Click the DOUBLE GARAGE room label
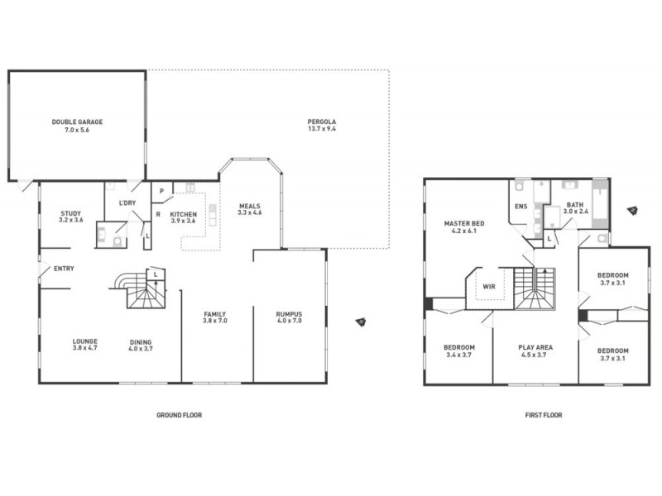click(x=77, y=122)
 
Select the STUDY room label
click(x=70, y=213)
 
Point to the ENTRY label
click(x=64, y=269)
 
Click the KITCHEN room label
click(x=183, y=214)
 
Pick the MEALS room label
click(x=250, y=206)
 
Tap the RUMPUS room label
click(x=290, y=313)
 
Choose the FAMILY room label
click(x=216, y=313)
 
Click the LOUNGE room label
click(x=85, y=341)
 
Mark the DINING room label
click(x=141, y=341)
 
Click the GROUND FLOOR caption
click(x=180, y=415)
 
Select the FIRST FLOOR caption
click(x=544, y=415)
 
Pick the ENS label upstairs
click(x=520, y=207)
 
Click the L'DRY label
click(x=127, y=203)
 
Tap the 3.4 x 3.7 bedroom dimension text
click(x=458, y=355)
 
